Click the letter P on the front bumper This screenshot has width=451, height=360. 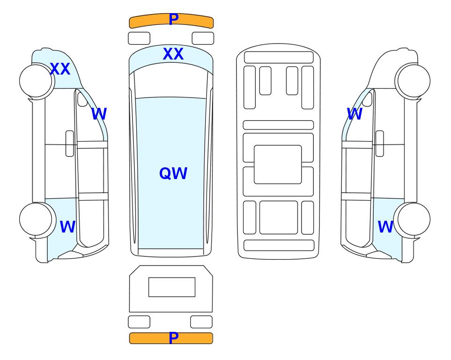pos(173,19)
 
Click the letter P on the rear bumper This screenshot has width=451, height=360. pos(173,337)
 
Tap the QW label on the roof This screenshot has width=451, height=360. pos(173,173)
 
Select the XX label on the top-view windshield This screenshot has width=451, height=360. pos(173,54)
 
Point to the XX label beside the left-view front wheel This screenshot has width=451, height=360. pos(60,69)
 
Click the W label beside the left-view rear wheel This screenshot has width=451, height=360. pos(67,227)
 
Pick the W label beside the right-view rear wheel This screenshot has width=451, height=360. pos(385,227)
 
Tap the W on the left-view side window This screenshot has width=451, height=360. pos(99,114)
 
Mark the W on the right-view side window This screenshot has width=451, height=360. pos(355,114)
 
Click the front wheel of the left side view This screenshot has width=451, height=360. pos(36,81)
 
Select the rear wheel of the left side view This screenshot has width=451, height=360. pos(36,219)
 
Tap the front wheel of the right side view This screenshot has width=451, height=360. pos(414,81)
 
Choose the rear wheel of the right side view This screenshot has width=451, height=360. pos(414,219)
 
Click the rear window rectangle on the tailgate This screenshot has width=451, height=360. pos(172,287)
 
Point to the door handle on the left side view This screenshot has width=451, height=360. pos(70,143)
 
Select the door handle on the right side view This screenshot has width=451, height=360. pos(380,143)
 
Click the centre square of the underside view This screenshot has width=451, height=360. pos(278,165)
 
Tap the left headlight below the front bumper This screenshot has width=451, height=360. pos(139,38)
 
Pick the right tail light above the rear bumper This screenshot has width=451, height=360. pos(201,322)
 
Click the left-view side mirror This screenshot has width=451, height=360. pos(82,99)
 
